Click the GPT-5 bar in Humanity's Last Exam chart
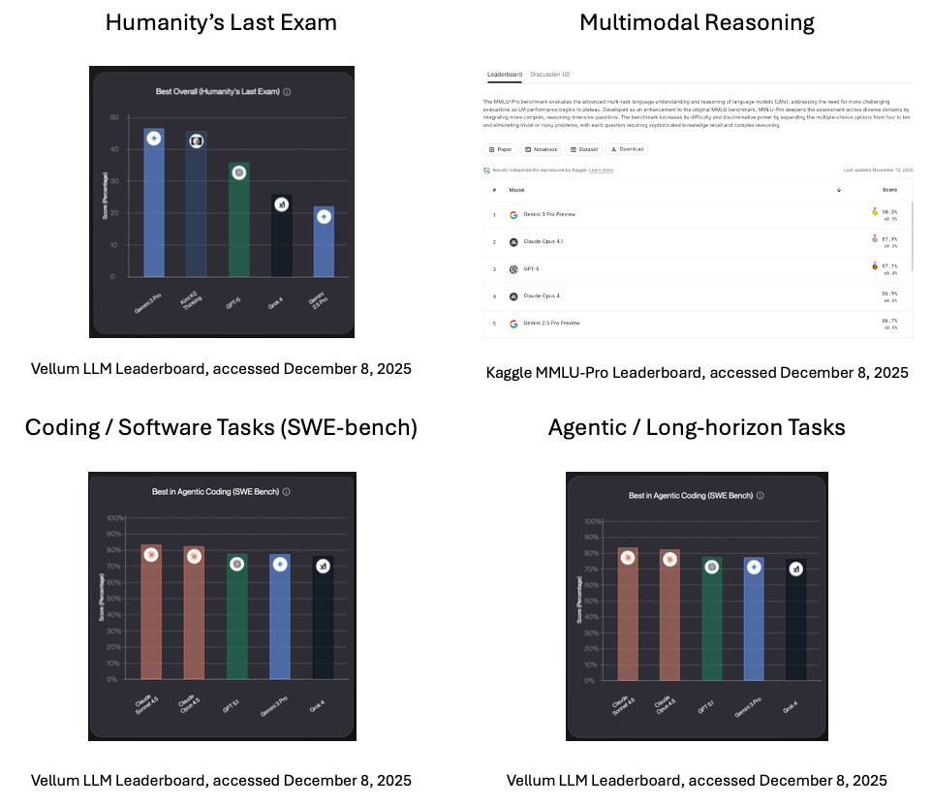click(238, 228)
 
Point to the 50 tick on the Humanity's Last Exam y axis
click(114, 118)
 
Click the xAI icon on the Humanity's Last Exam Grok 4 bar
click(281, 204)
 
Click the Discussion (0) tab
click(549, 75)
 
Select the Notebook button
click(540, 149)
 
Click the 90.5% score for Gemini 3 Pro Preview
click(888, 211)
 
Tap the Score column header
click(889, 190)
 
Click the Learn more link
click(601, 170)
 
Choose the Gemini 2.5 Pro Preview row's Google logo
click(513, 323)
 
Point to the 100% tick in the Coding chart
click(114, 518)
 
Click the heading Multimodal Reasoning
click(697, 22)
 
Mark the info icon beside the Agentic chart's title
click(761, 495)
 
